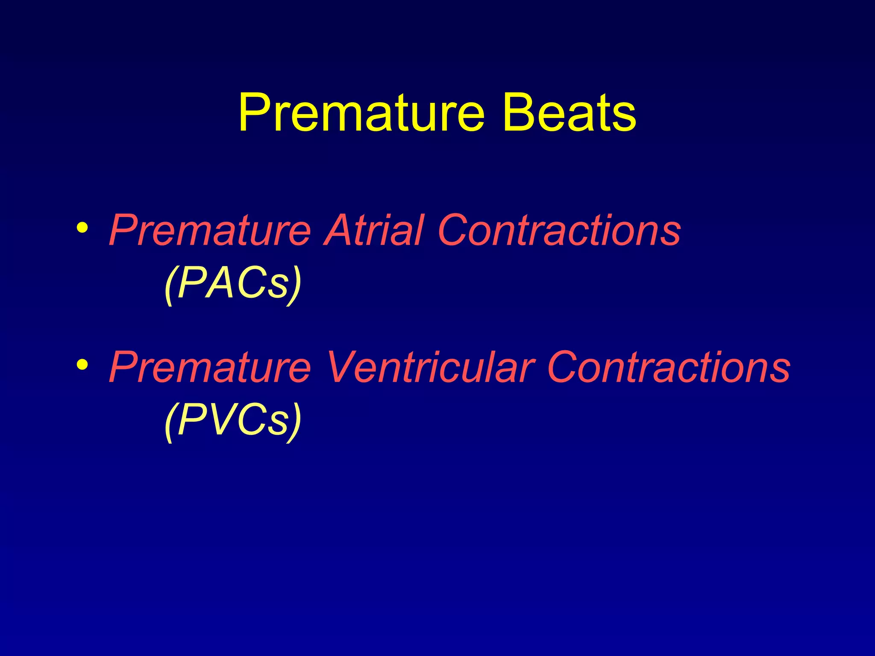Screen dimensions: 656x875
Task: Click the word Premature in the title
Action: [x=361, y=113]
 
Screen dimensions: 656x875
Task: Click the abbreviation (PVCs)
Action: [x=233, y=421]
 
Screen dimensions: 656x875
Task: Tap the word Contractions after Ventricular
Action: [x=669, y=367]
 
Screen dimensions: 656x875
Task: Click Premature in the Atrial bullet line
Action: [x=209, y=231]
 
